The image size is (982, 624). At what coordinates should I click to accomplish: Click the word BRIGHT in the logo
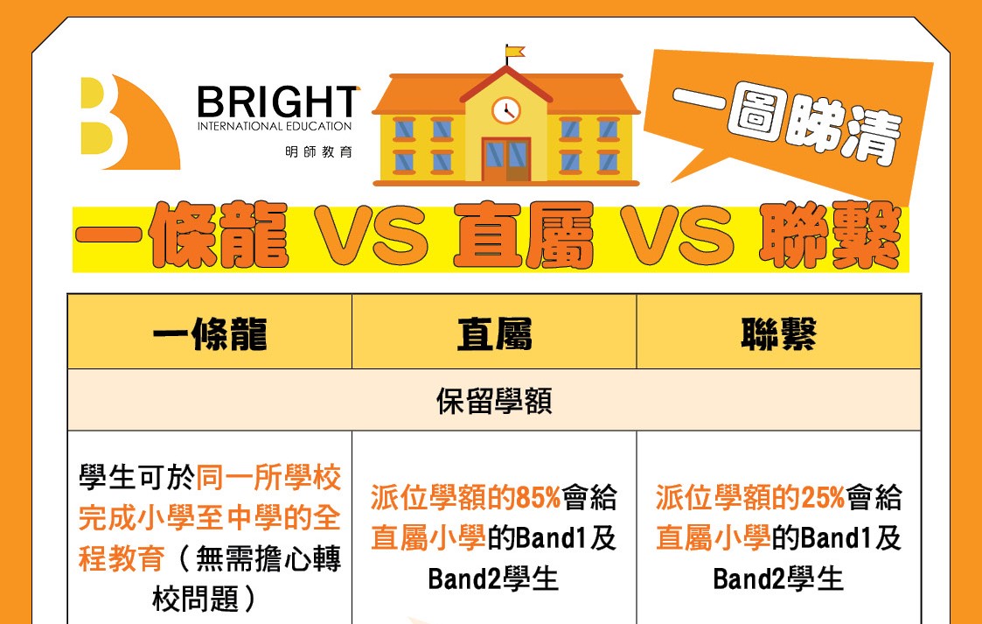click(278, 102)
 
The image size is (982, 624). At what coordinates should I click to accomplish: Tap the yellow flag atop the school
click(515, 52)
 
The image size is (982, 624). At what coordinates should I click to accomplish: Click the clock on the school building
click(506, 110)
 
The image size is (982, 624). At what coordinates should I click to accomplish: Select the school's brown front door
click(506, 160)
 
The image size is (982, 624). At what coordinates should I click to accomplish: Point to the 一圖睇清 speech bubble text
click(787, 123)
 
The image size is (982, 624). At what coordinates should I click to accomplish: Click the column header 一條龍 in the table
click(210, 333)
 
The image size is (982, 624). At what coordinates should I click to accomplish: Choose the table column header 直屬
click(494, 333)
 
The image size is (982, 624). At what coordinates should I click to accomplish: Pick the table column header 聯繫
click(778, 333)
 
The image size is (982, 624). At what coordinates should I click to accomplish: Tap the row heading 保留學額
click(494, 401)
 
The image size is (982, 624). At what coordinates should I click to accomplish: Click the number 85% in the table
click(538, 498)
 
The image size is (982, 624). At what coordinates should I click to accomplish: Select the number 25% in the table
click(823, 498)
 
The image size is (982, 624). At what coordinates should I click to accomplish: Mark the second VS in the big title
click(677, 235)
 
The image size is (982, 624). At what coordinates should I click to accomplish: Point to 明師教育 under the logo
click(319, 151)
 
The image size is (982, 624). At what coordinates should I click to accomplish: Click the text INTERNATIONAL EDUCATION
click(275, 126)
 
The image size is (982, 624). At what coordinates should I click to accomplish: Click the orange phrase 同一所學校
click(268, 478)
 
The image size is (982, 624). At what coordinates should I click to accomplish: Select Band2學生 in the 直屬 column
click(493, 578)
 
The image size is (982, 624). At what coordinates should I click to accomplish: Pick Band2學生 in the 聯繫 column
click(778, 578)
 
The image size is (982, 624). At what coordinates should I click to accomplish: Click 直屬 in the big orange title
click(524, 235)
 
